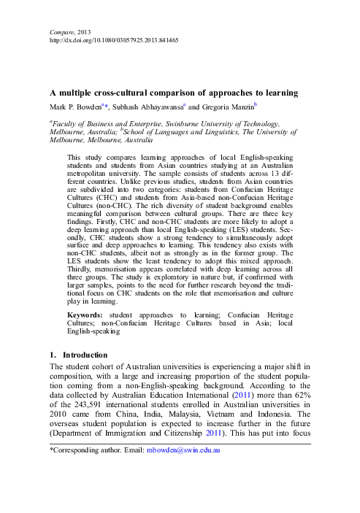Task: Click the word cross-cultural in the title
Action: click(129, 93)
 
